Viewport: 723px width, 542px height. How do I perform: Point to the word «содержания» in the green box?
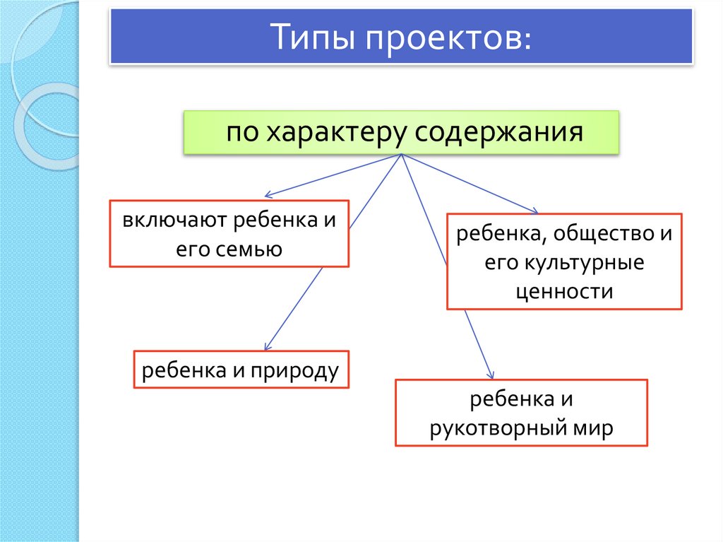point(498,132)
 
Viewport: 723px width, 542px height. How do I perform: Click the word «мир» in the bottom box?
point(597,428)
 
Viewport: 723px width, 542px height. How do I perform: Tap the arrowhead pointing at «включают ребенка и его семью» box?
point(267,196)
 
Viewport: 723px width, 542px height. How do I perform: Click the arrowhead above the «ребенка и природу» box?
point(265,346)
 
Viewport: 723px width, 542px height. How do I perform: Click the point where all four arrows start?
point(401,154)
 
